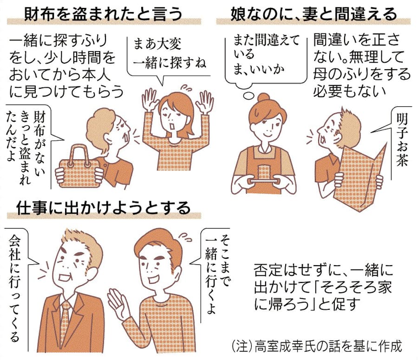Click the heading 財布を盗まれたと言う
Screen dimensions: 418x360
coord(104,14)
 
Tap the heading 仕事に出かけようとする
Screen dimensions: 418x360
coord(104,208)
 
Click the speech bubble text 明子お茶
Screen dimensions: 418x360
coord(402,140)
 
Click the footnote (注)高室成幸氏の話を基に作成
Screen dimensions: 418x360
coord(316,346)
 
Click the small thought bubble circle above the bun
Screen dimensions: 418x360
coord(248,96)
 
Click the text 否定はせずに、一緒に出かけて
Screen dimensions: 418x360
coord(323,279)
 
